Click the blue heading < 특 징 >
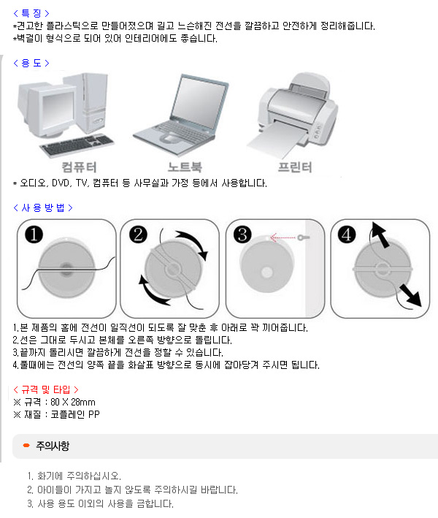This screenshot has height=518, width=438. [31, 13]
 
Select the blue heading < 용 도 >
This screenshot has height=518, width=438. [31, 63]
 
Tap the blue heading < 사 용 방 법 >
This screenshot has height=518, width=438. [43, 207]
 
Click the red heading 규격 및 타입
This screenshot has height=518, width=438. [46, 390]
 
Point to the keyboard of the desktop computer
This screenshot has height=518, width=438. [77, 145]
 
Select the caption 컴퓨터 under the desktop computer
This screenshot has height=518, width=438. [80, 167]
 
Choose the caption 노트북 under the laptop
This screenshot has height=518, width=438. [185, 167]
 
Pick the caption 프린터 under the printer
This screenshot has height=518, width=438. [295, 167]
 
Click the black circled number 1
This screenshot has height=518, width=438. [34, 235]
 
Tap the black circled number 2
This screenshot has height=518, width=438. [138, 235]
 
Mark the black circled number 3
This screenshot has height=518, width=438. [242, 235]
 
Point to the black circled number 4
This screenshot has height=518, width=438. [347, 235]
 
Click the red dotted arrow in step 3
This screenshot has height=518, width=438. [283, 237]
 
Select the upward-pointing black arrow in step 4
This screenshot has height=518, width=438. [380, 235]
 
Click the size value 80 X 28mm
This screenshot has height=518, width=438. [73, 402]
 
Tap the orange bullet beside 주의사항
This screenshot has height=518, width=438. [26, 446]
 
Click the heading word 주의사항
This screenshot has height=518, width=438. [53, 446]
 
